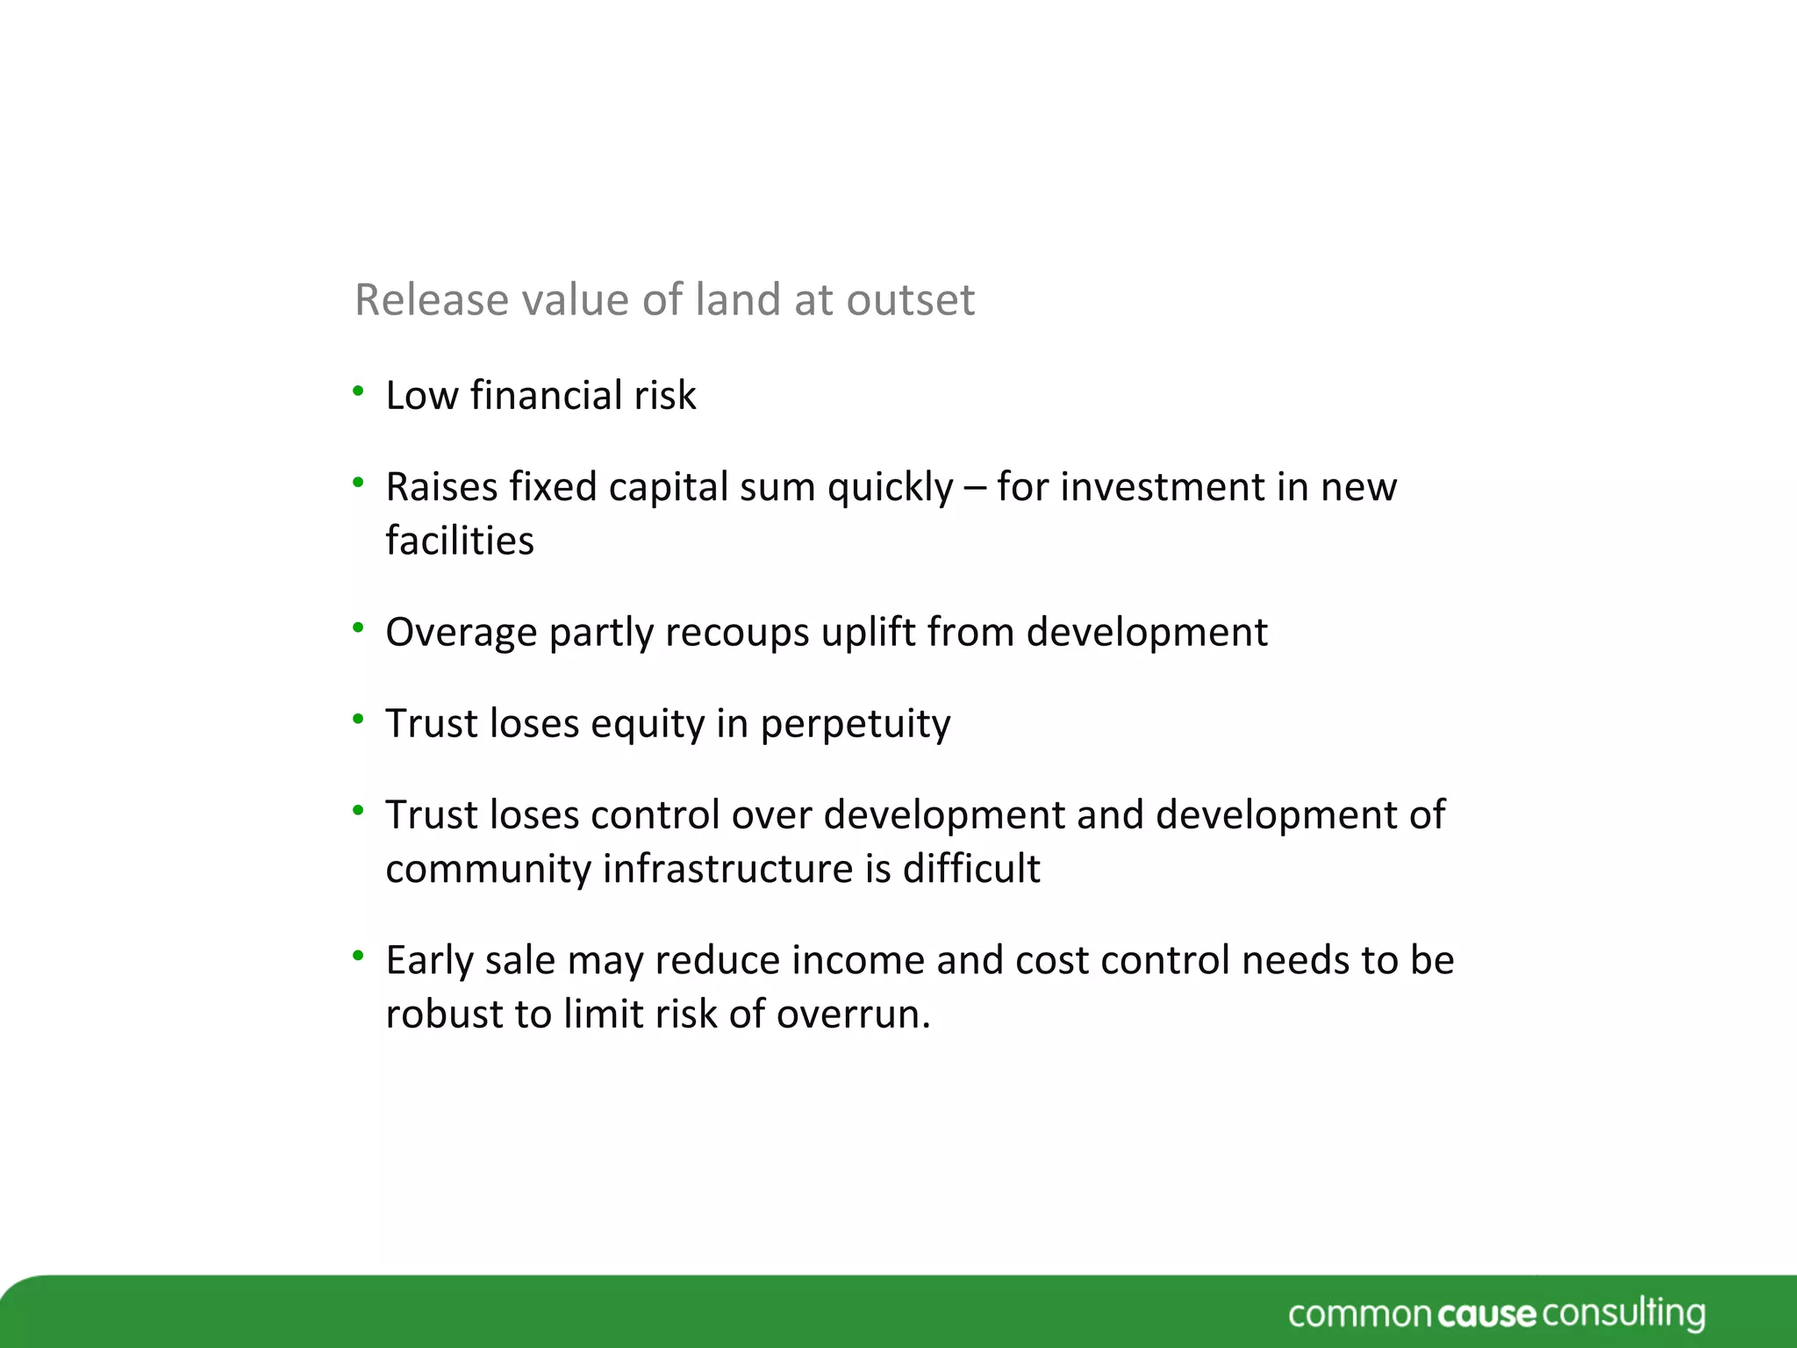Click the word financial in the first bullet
coord(546,396)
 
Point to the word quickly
coord(890,488)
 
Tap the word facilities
coord(460,541)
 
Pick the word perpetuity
coord(856,725)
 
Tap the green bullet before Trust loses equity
coord(358,719)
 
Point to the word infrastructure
coord(728,869)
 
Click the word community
coord(488,869)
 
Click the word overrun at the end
coord(852,1015)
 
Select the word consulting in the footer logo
coord(1623,1315)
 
